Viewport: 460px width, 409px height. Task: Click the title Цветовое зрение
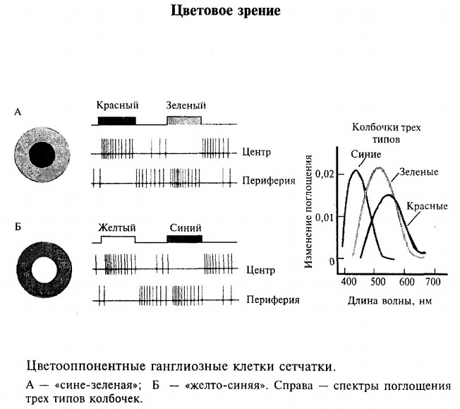click(229, 12)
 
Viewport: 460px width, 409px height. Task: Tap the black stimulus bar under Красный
click(116, 120)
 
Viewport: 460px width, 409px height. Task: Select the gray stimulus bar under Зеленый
click(183, 120)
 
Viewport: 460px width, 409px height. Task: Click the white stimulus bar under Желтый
click(118, 239)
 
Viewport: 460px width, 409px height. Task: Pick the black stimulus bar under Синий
click(184, 239)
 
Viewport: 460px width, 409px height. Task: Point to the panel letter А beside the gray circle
click(18, 112)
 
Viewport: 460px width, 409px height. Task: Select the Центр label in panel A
click(256, 153)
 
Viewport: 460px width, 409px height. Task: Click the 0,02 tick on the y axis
click(325, 173)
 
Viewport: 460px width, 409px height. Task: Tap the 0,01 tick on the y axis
click(325, 217)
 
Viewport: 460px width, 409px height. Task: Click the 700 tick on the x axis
click(432, 282)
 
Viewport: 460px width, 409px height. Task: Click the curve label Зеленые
click(418, 172)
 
